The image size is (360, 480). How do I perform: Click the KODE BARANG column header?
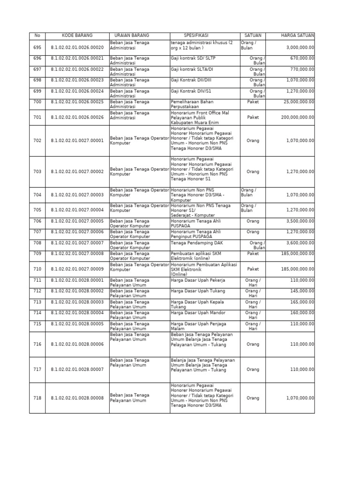[x=77, y=36]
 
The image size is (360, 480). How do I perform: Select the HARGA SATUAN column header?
[x=298, y=36]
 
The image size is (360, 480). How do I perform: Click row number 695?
[x=37, y=47]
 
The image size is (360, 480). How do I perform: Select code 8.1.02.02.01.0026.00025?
[x=77, y=102]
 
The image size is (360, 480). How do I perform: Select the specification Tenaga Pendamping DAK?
[x=197, y=243]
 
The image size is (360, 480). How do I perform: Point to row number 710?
[x=37, y=270]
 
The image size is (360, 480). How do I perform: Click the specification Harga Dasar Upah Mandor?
[x=198, y=313]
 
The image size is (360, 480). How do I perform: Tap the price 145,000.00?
[x=303, y=291]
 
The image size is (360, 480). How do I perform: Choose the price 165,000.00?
[x=303, y=302]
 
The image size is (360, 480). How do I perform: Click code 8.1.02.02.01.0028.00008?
[x=77, y=398]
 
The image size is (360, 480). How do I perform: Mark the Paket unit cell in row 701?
[x=253, y=117]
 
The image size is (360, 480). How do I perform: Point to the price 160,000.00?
[x=303, y=313]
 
